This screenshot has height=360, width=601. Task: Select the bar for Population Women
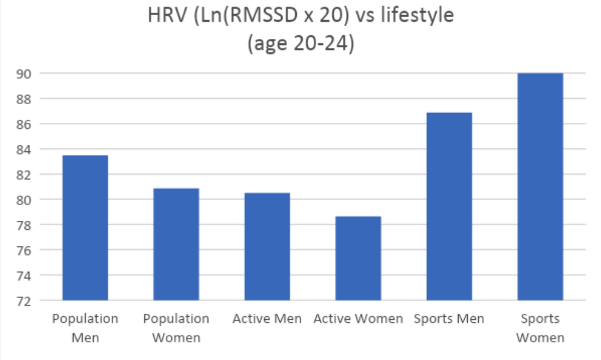pyautogui.click(x=176, y=244)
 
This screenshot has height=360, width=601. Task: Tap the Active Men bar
pyautogui.click(x=267, y=246)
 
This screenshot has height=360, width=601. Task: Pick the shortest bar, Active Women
pyautogui.click(x=358, y=258)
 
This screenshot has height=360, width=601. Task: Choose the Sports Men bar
pyautogui.click(x=449, y=207)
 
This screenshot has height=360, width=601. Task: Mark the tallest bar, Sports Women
pyautogui.click(x=540, y=187)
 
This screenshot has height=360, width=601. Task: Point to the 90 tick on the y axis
pyautogui.click(x=24, y=74)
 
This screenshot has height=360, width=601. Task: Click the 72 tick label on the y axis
pyautogui.click(x=24, y=300)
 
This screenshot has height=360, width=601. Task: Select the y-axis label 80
pyautogui.click(x=24, y=199)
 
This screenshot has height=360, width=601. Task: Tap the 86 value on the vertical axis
pyautogui.click(x=24, y=124)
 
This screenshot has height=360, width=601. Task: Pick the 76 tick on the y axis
pyautogui.click(x=24, y=250)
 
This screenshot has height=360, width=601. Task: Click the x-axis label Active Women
pyautogui.click(x=358, y=319)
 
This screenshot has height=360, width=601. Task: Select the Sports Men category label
pyautogui.click(x=449, y=319)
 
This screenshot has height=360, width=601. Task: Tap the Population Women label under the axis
pyautogui.click(x=176, y=328)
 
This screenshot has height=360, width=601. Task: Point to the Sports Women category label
pyautogui.click(x=540, y=328)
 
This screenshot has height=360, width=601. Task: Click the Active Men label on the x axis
pyautogui.click(x=267, y=319)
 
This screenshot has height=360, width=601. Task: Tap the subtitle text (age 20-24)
pyautogui.click(x=300, y=44)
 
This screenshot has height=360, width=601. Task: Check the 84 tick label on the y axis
pyautogui.click(x=24, y=149)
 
